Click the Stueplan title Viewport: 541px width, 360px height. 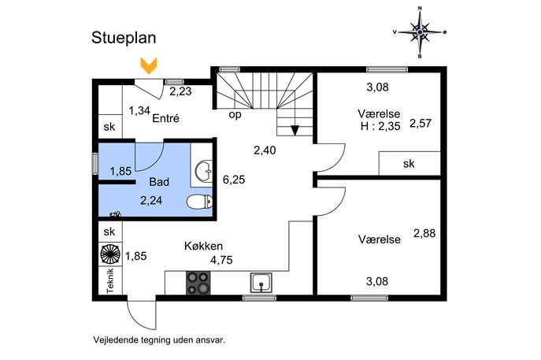[x=124, y=39]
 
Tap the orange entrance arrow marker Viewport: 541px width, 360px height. [x=149, y=65]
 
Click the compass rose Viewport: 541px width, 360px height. [x=420, y=32]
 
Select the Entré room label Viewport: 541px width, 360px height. [x=165, y=118]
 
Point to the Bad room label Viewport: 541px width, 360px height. [x=159, y=181]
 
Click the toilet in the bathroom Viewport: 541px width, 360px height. [x=199, y=202]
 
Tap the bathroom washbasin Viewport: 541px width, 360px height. [x=204, y=171]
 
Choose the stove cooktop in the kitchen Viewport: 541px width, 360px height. [x=198, y=283]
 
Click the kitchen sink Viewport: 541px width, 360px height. [x=261, y=283]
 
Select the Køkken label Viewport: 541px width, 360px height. [x=203, y=246]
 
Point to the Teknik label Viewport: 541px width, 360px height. [x=110, y=281]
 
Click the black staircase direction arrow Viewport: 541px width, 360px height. [x=295, y=131]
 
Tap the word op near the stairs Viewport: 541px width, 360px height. [x=235, y=114]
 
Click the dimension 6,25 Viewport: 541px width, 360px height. [x=234, y=180]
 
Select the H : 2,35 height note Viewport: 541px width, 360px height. [x=380, y=126]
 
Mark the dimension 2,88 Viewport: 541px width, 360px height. [x=424, y=233]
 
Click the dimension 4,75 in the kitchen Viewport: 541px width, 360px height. [x=221, y=260]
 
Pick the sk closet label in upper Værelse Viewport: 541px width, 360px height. [x=409, y=164]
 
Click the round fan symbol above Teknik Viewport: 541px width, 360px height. [x=110, y=254]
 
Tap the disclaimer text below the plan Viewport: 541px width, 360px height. [x=159, y=340]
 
